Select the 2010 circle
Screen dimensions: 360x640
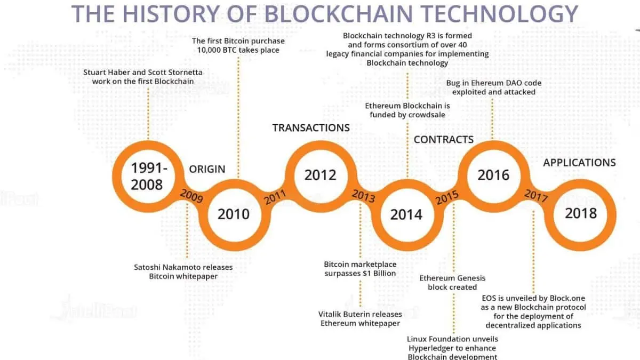pyautogui.click(x=233, y=214)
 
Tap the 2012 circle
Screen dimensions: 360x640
pyautogui.click(x=320, y=175)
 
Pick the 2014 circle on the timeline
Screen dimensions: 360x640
pyautogui.click(x=406, y=214)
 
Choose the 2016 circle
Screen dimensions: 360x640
pyautogui.click(x=493, y=175)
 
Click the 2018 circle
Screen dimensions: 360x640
pyautogui.click(x=581, y=213)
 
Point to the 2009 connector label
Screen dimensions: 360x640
pyautogui.click(x=191, y=196)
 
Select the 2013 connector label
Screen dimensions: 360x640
pyautogui.click(x=362, y=195)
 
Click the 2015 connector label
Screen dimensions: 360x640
pyautogui.click(x=447, y=197)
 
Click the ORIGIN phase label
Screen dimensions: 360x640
pyautogui.click(x=207, y=169)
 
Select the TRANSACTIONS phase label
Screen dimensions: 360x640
pyautogui.click(x=311, y=127)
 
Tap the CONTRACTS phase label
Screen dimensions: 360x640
pyautogui.click(x=443, y=140)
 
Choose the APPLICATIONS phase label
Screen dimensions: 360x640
pyautogui.click(x=579, y=163)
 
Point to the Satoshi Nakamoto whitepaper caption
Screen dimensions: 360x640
pyautogui.click(x=183, y=271)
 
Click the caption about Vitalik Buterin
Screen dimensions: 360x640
pyautogui.click(x=360, y=318)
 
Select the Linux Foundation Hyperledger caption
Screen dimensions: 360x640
pyautogui.click(x=453, y=348)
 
